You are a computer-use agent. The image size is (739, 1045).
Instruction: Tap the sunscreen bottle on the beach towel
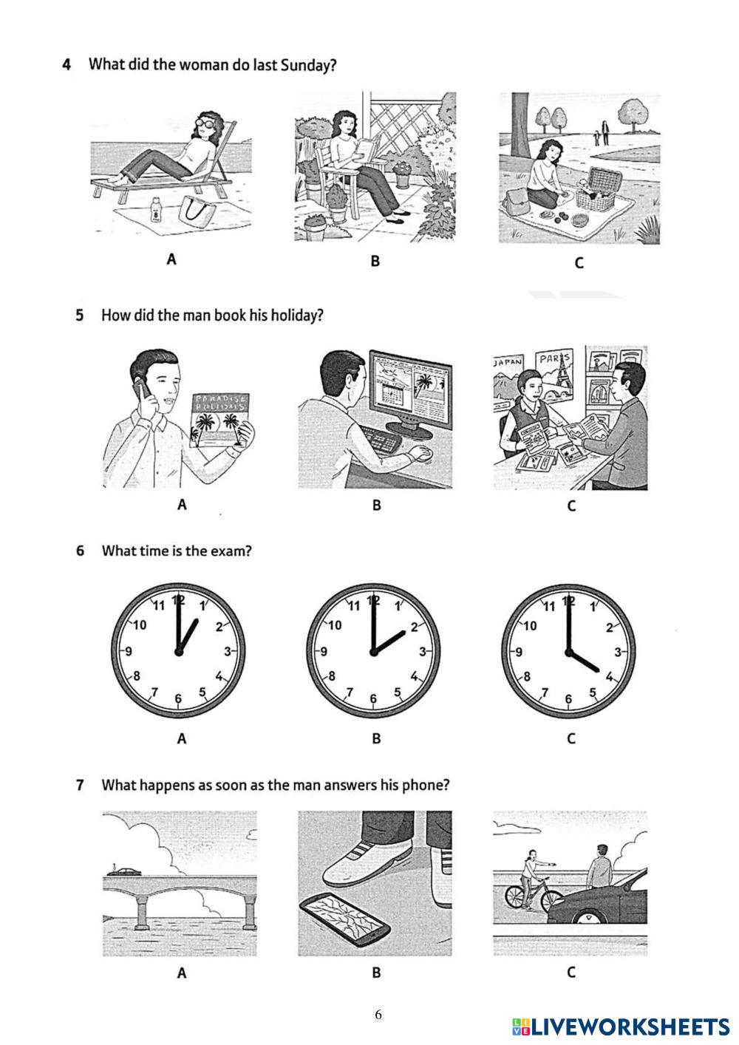[156, 209]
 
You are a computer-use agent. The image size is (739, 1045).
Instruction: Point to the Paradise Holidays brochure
[219, 420]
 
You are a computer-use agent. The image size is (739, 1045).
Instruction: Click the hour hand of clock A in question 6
[188, 635]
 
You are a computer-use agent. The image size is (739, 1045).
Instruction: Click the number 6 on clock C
[568, 698]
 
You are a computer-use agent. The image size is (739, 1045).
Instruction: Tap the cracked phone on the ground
[344, 919]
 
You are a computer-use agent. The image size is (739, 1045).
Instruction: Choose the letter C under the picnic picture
[579, 262]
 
